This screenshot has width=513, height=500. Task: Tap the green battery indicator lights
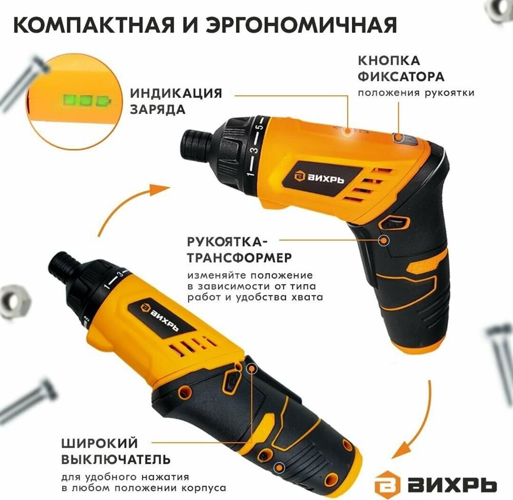(x=86, y=100)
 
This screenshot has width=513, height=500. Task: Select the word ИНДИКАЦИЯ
(x=176, y=93)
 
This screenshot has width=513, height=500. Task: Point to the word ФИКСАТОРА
(x=401, y=76)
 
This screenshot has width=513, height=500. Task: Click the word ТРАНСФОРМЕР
(x=239, y=257)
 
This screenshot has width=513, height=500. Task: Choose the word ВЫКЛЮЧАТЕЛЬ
(x=116, y=459)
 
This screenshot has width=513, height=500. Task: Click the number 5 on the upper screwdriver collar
(x=259, y=126)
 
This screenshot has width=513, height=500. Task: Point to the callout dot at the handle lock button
(x=398, y=137)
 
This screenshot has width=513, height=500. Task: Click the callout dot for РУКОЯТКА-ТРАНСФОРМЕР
(x=383, y=241)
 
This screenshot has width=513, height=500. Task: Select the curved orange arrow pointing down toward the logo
(x=422, y=425)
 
